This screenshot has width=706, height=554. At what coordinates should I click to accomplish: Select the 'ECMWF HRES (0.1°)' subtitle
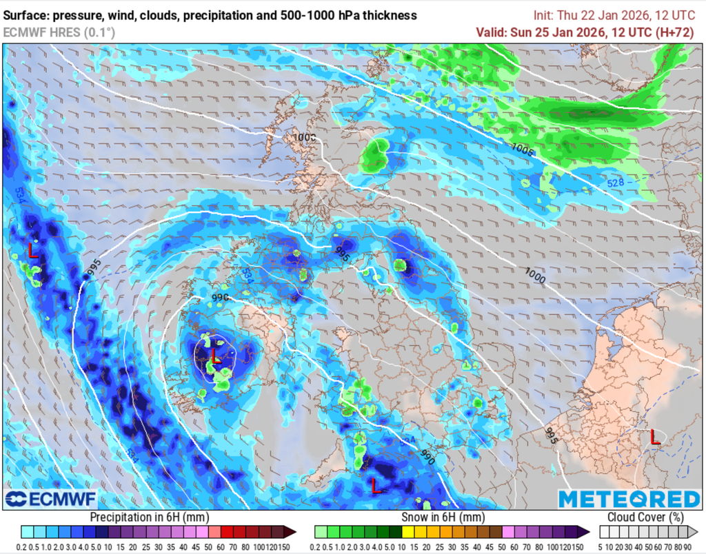click(x=59, y=32)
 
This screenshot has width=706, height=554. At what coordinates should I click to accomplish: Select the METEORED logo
click(x=629, y=498)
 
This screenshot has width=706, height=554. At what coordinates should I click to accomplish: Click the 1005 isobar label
click(x=522, y=149)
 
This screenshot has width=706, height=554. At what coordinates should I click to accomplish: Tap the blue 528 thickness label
click(x=616, y=183)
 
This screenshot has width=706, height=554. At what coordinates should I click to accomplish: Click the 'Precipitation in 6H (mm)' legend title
click(x=150, y=517)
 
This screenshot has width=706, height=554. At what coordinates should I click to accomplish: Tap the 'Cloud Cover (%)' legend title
click(x=645, y=517)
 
